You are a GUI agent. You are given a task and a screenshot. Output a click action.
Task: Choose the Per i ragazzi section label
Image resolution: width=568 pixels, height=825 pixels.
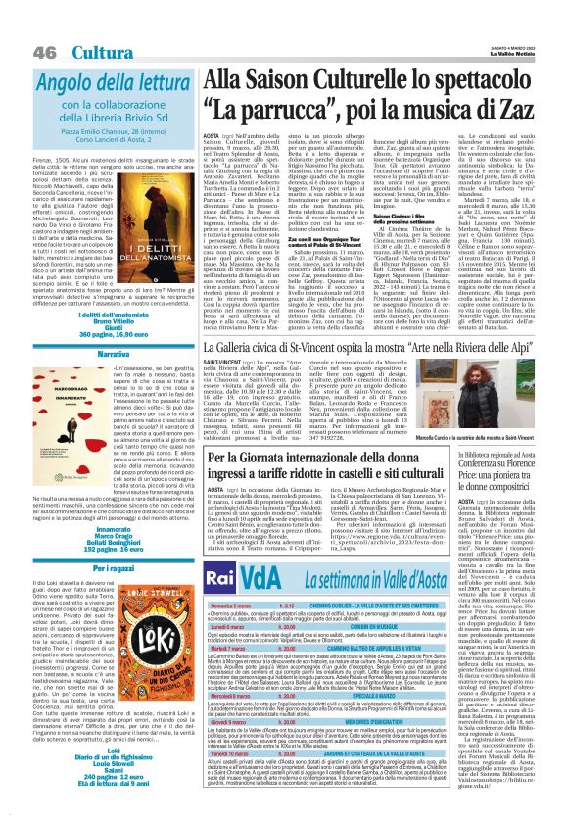tap(82, 538)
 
